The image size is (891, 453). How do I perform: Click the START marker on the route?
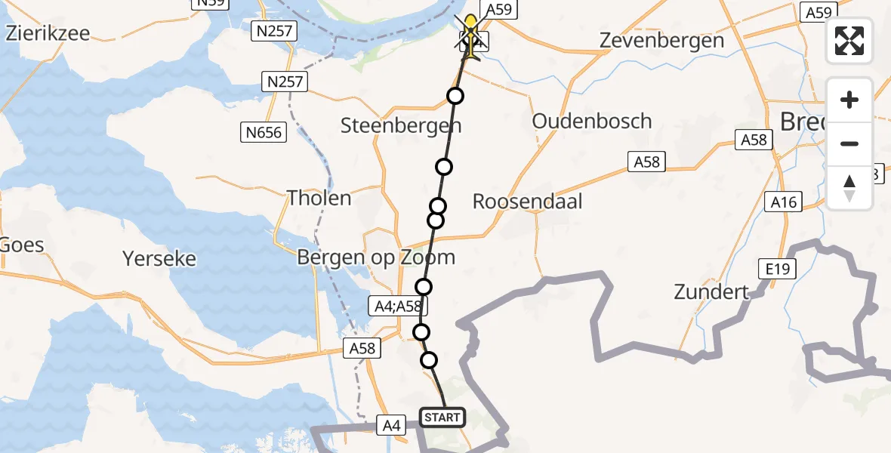click(442, 418)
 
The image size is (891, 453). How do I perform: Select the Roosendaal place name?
click(527, 202)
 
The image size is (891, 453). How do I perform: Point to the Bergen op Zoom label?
click(375, 257)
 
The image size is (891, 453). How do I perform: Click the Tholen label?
click(319, 199)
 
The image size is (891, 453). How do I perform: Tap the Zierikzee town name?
click(47, 33)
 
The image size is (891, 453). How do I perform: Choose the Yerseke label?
click(159, 259)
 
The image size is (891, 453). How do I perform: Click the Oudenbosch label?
click(591, 122)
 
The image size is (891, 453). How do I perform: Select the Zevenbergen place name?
click(661, 41)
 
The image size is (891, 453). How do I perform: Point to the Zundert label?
click(712, 292)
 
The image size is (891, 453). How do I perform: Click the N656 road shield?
click(264, 133)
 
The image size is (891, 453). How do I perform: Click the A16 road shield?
click(784, 201)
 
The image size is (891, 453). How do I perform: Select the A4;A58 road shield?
click(400, 306)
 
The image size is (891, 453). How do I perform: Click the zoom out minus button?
click(849, 143)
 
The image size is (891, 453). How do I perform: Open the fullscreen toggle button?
click(849, 40)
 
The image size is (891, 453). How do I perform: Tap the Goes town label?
click(23, 245)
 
